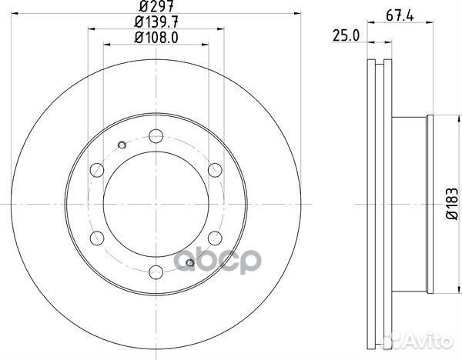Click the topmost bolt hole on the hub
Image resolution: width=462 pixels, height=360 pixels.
(x=155, y=133)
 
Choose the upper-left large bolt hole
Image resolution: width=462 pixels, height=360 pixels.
(x=95, y=168)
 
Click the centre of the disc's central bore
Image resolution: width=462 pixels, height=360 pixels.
(x=154, y=202)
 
